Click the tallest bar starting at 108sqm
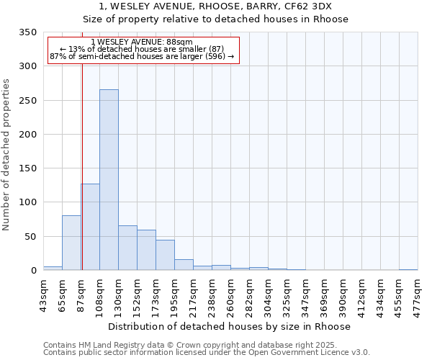109,180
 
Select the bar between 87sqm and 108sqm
90,227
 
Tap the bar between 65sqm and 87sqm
71,243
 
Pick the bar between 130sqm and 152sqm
127,248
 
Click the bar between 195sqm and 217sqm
184,264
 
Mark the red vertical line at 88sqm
82,166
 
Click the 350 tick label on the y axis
27,32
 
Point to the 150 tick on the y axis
27,168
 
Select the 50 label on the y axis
30,236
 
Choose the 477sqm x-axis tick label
418,294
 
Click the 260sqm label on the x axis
231,294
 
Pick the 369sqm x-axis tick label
325,294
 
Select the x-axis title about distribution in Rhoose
230,326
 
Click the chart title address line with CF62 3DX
216,6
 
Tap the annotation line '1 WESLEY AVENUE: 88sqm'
143,42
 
